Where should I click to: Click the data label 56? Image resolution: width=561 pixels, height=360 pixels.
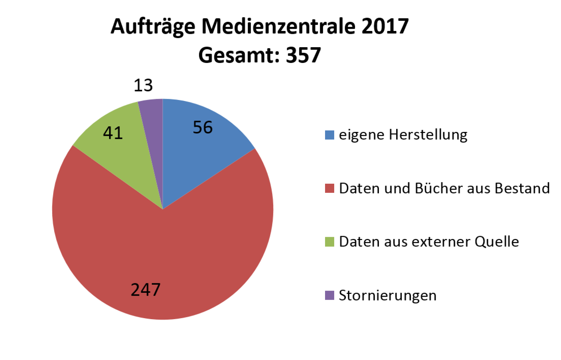pos(203,127)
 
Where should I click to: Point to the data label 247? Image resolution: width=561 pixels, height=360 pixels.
pos(145,290)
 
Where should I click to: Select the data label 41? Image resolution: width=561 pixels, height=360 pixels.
pos(113,133)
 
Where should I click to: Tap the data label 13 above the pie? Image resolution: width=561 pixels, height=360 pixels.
pos(143,86)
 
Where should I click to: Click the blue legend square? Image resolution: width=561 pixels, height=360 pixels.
pos(329,135)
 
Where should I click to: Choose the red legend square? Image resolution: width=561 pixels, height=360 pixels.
pos(329,189)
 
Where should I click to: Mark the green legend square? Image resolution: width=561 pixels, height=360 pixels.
pos(329,242)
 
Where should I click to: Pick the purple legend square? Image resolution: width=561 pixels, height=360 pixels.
pos(329,296)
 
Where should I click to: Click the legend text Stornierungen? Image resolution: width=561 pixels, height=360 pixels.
pos(387,296)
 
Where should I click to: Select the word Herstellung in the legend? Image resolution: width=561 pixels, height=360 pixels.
pos(428,135)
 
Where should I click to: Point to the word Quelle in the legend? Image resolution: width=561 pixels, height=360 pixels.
pos(497,242)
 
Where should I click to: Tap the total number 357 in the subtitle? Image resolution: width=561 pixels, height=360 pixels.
pos(304,55)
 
